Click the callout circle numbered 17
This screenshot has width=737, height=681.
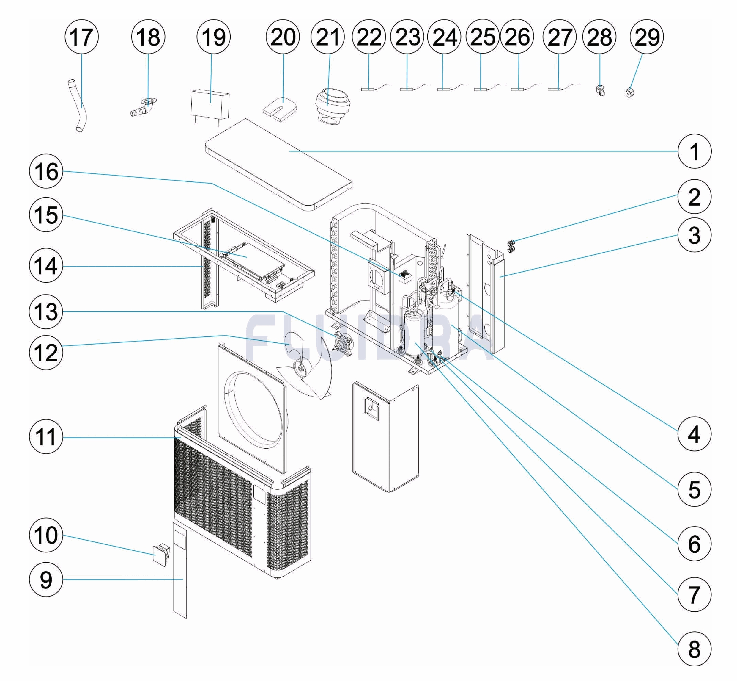click(81, 37)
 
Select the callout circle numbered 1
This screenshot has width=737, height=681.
click(694, 151)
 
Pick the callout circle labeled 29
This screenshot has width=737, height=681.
click(647, 37)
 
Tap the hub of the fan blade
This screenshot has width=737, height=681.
click(301, 368)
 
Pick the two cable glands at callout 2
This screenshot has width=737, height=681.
click(511, 246)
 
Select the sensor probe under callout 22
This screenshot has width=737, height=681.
click(367, 89)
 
